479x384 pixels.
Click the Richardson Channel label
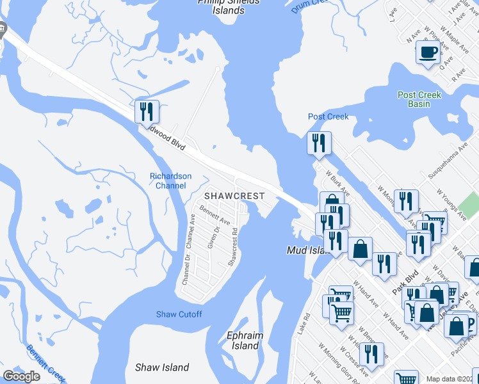pos(170,181)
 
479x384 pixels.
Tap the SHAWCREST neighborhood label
pos(230,195)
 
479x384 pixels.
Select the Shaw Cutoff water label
pos(179,314)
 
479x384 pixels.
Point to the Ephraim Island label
pos(243,340)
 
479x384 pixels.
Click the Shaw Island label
pos(162,367)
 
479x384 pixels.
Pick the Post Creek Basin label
pos(419,99)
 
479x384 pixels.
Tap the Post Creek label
pos(329,116)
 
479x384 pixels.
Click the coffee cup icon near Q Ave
pos(428,52)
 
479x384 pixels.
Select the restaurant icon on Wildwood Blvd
pos(147,112)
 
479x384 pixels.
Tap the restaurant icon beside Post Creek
pos(318,143)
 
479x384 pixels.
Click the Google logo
pos(22,376)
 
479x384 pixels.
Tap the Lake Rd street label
pos(305,323)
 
